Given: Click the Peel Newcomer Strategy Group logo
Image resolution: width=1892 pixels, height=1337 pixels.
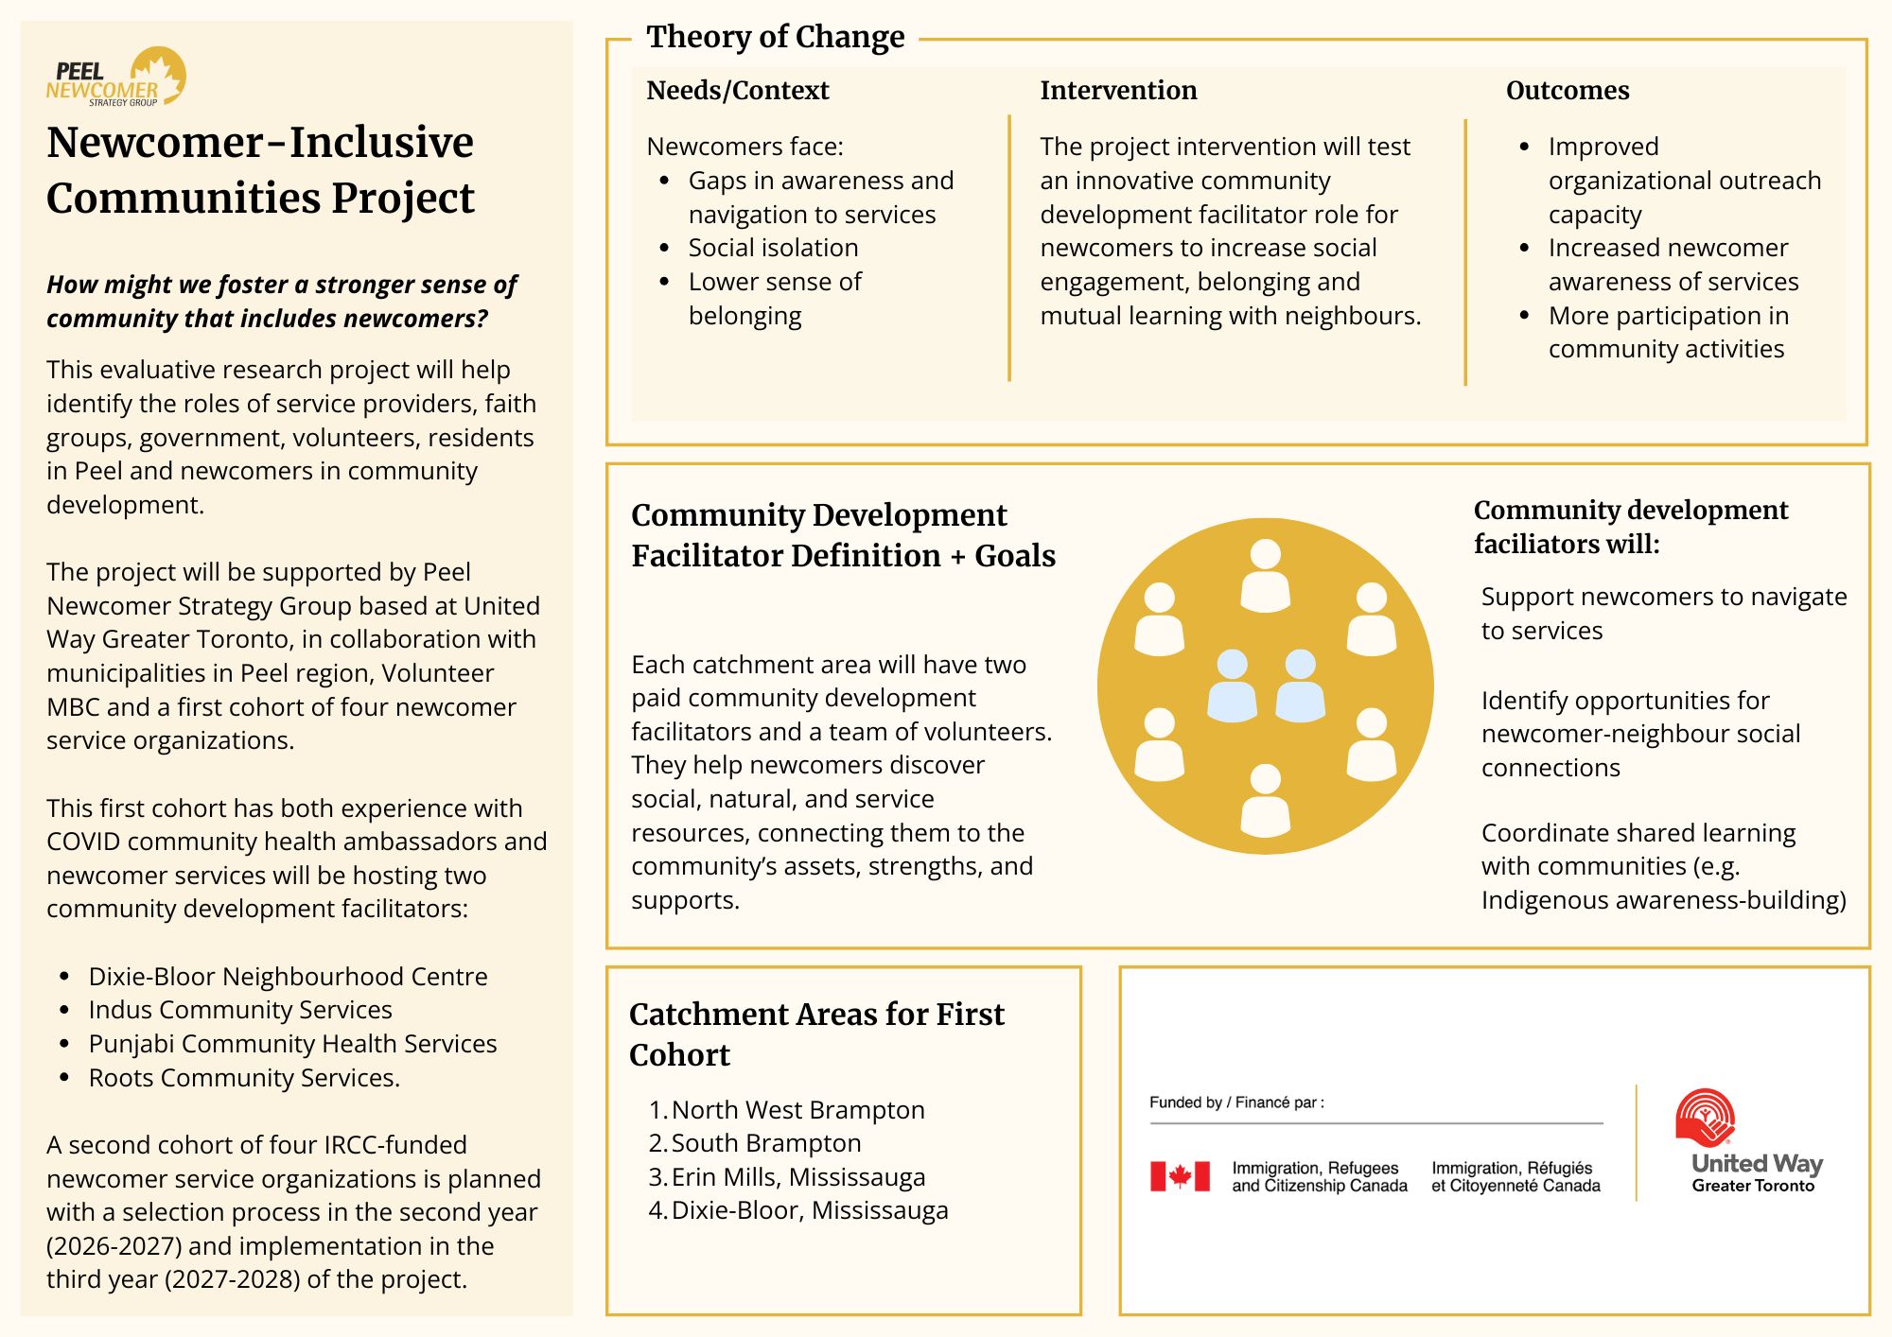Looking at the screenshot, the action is pyautogui.click(x=115, y=78).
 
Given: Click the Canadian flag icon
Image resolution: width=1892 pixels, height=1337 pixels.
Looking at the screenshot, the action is pyautogui.click(x=1180, y=1176).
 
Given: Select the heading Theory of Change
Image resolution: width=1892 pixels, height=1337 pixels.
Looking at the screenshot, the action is pyautogui.click(x=775, y=37).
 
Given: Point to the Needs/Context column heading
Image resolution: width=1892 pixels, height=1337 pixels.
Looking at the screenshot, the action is pyautogui.click(x=737, y=91).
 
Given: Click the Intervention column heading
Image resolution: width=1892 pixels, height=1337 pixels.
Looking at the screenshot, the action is pyautogui.click(x=1118, y=91).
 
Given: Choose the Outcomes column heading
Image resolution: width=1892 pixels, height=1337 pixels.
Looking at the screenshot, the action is pyautogui.click(x=1568, y=91).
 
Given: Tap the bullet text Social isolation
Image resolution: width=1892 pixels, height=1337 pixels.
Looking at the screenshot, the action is pyautogui.click(x=773, y=248).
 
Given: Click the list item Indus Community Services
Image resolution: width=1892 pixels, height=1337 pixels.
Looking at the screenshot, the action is pyautogui.click(x=240, y=1010).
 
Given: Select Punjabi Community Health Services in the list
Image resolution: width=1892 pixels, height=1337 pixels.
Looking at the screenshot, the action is pyautogui.click(x=292, y=1044).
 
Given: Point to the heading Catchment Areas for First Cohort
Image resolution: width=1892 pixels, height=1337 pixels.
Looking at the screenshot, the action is pyautogui.click(x=816, y=1033).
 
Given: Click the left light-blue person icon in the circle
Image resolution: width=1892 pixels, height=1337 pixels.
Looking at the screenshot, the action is pyautogui.click(x=1232, y=686).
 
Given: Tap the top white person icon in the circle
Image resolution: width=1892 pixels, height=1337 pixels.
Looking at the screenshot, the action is pyautogui.click(x=1265, y=575).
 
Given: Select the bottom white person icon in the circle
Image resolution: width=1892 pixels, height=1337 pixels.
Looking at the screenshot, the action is pyautogui.click(x=1265, y=800).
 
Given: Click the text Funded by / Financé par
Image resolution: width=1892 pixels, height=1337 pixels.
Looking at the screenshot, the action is pyautogui.click(x=1236, y=1103).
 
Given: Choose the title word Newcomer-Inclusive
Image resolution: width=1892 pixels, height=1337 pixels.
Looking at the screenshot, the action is pyautogui.click(x=260, y=143).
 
